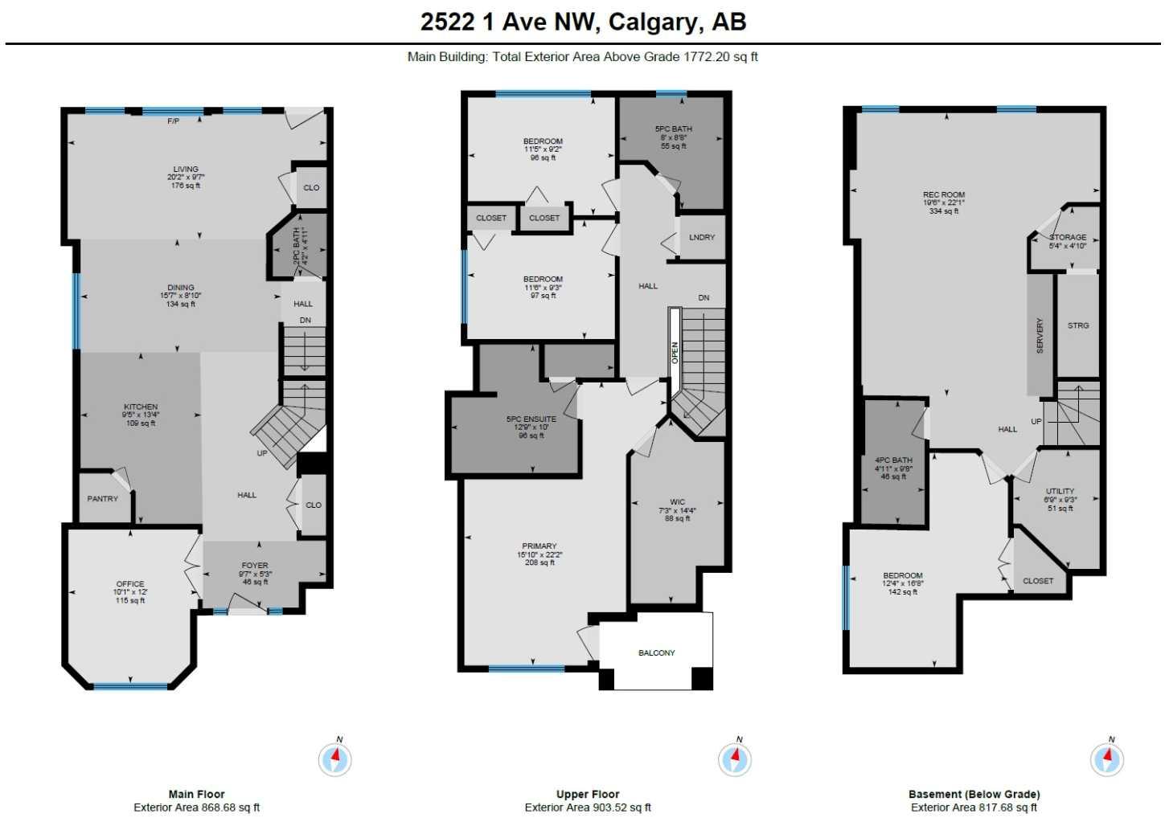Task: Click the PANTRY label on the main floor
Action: pos(102,499)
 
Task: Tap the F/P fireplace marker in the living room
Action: pos(173,121)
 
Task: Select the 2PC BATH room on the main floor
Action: pos(297,247)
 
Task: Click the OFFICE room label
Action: pos(130,584)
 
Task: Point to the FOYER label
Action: pos(255,566)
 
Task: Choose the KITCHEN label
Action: pos(141,407)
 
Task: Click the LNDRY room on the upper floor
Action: pos(701,237)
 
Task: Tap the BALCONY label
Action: pos(656,652)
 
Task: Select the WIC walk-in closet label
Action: pos(677,502)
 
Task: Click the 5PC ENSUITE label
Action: pos(531,419)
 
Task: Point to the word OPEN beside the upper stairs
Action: pos(675,352)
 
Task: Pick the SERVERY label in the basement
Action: pos(1040,335)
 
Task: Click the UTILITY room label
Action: pos(1060,491)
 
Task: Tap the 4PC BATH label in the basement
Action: pos(893,460)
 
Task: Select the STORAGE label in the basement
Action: pos(1068,237)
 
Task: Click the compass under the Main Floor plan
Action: pos(335,759)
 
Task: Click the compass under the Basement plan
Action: pos(1107,759)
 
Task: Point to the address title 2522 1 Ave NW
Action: pos(583,22)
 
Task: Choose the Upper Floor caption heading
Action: pos(588,794)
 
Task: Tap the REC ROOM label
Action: pos(944,194)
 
